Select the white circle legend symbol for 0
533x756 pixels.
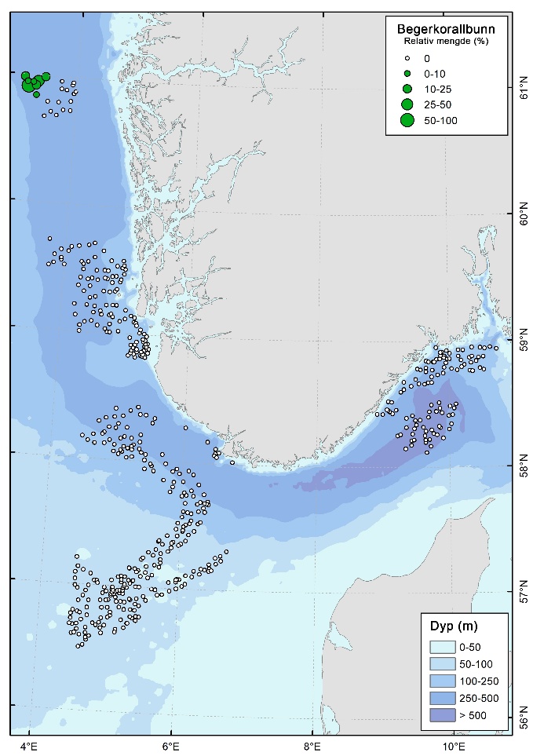pos(407,57)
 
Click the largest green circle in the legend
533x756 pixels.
pos(407,120)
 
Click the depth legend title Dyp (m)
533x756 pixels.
pos(454,626)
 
